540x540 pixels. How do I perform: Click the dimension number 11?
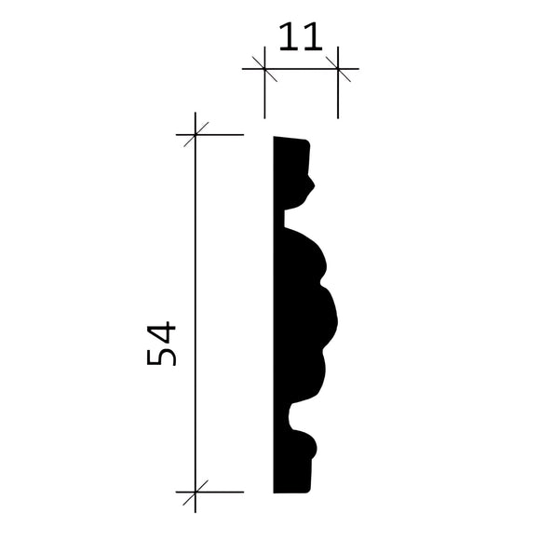(x=299, y=38)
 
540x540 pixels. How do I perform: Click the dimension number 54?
(x=161, y=344)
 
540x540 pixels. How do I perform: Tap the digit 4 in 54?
(x=161, y=331)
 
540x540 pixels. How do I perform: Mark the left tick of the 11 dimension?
(x=264, y=68)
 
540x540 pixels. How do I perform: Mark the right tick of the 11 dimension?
(x=337, y=68)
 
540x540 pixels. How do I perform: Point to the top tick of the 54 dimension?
(x=195, y=136)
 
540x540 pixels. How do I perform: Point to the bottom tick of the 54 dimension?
(x=195, y=493)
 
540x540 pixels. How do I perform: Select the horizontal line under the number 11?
(x=300, y=68)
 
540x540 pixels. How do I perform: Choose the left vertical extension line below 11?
(x=264, y=98)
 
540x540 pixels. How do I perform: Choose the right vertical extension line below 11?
(x=337, y=98)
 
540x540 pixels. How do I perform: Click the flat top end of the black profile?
(x=290, y=140)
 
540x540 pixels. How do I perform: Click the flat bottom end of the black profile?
(x=290, y=491)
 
